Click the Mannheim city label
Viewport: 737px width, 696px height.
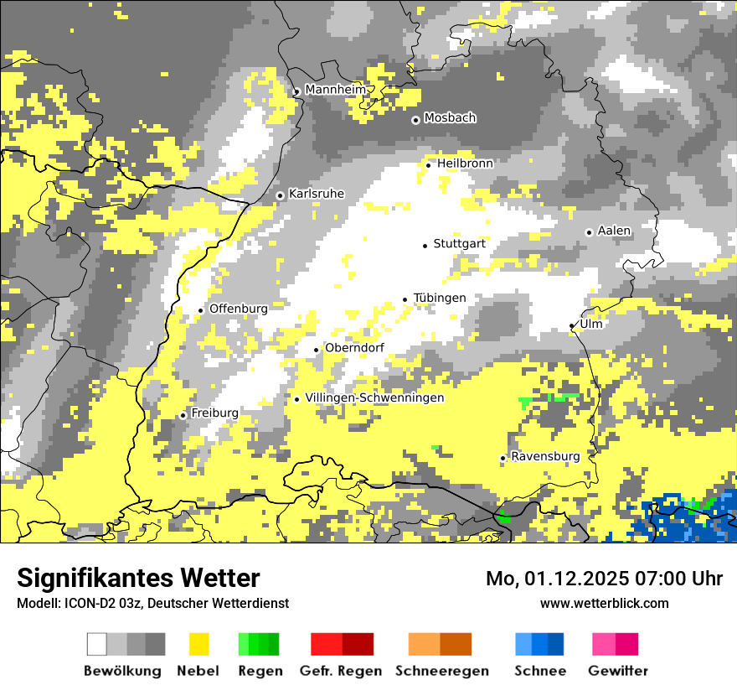click(336, 90)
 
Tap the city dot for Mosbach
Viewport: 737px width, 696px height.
click(415, 120)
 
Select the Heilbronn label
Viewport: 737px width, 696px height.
click(465, 164)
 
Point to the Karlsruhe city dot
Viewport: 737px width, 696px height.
click(281, 195)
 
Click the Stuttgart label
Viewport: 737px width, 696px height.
click(459, 244)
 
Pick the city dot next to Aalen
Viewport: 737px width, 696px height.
click(589, 232)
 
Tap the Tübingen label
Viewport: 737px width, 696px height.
click(440, 299)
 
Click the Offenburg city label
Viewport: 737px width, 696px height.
click(239, 309)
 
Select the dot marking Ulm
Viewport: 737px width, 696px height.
click(572, 326)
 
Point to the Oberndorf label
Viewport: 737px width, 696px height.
click(354, 348)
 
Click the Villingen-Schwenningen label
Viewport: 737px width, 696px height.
click(374, 398)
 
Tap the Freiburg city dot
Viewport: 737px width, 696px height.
click(183, 415)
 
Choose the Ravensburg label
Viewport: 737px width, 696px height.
click(545, 457)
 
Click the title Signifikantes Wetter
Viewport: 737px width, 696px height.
click(138, 579)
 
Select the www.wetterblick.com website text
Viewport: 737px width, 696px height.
click(604, 603)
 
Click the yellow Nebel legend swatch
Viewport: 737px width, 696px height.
click(198, 644)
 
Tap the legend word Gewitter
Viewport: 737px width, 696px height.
click(618, 671)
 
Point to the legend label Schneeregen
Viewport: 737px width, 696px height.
click(442, 671)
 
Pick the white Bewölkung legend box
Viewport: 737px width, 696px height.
click(97, 644)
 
